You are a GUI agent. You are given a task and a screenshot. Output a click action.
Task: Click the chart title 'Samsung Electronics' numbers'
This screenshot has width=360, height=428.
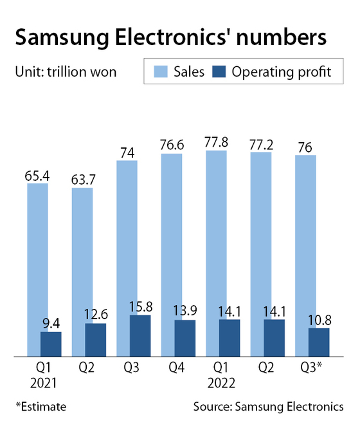click(170, 37)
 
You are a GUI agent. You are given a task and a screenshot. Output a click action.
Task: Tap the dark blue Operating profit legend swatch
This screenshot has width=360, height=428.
click(226, 71)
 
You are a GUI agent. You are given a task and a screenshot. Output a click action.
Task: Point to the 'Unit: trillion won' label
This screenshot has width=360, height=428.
click(66, 71)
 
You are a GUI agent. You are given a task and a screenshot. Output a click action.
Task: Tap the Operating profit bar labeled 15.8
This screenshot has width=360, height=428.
click(140, 335)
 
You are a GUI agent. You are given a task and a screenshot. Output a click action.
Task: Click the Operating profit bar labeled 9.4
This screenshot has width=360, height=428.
click(51, 344)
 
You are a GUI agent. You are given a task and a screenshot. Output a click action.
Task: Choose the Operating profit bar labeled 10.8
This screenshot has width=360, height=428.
click(319, 342)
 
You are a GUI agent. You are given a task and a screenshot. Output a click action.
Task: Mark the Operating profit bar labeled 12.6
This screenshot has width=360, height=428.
click(96, 340)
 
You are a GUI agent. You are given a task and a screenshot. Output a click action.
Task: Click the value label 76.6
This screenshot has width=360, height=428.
click(171, 145)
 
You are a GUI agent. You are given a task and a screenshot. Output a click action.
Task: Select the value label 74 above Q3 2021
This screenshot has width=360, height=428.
click(127, 152)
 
